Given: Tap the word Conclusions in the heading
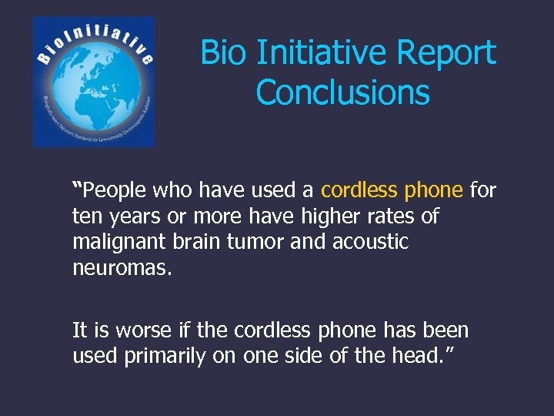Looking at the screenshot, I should [342, 92].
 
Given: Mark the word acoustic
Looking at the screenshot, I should [370, 243].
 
